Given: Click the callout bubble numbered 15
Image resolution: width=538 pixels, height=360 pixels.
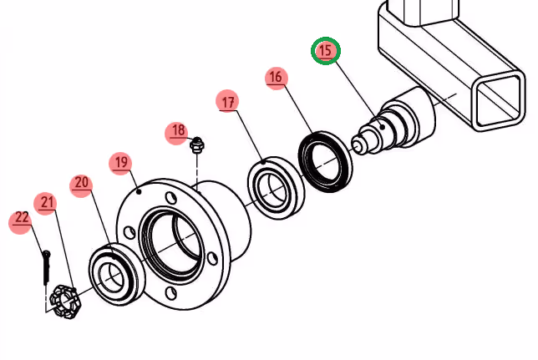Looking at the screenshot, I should [x=326, y=51].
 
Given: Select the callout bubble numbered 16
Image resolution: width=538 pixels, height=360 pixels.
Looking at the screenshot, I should [x=276, y=78].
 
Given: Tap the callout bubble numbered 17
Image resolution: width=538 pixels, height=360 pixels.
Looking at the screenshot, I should [x=226, y=102].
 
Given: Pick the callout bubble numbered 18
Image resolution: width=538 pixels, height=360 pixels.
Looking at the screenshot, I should [x=177, y=130].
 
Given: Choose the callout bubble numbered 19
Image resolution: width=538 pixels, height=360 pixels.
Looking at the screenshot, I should [x=121, y=162].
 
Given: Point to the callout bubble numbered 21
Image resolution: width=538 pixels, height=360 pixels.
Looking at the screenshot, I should [x=47, y=202].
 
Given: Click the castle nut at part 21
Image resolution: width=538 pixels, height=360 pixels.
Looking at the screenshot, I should [x=64, y=302].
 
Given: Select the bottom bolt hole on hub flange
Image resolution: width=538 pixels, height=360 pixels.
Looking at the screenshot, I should [x=170, y=292].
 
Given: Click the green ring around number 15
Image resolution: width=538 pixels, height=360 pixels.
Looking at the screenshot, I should [x=314, y=52].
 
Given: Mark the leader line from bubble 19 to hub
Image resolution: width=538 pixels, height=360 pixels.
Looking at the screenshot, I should [x=130, y=179].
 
